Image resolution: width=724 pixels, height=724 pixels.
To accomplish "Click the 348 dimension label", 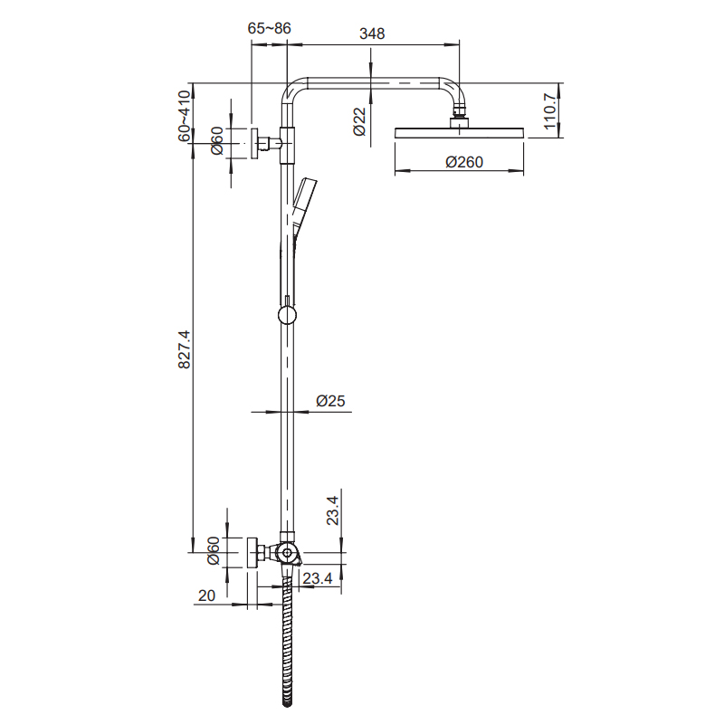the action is pyautogui.click(x=372, y=33).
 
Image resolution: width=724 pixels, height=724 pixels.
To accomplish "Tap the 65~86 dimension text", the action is pyautogui.click(x=269, y=28).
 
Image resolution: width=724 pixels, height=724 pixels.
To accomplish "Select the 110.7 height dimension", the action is pyautogui.click(x=548, y=111).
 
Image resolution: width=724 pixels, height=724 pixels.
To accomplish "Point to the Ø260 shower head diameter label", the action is pyautogui.click(x=464, y=162).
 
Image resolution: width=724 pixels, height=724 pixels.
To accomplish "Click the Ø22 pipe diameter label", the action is pyautogui.click(x=359, y=121).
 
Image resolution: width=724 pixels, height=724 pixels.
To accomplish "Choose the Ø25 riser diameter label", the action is pyautogui.click(x=330, y=401).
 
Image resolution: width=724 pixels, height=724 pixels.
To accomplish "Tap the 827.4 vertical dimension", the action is pyautogui.click(x=185, y=349).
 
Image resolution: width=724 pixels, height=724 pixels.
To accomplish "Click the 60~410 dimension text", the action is pyautogui.click(x=185, y=116).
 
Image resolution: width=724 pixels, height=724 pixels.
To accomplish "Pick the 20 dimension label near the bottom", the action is pyautogui.click(x=206, y=595).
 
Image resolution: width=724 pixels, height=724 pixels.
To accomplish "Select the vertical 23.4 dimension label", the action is pyautogui.click(x=333, y=510).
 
